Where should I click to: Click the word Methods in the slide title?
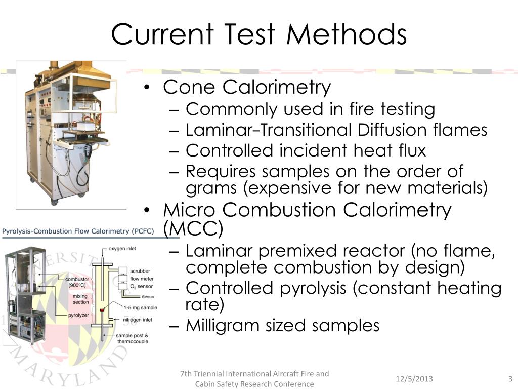pos(346,34)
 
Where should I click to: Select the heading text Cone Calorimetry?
pos(247,87)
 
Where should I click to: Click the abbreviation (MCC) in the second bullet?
pos(193,229)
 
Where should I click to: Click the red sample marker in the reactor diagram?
pos(102,309)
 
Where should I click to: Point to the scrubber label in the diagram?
pos(140,271)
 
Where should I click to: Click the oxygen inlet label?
pos(122,249)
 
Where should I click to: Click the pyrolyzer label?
pos(78,315)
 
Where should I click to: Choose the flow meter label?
pos(142,278)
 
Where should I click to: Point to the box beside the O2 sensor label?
pos(122,286)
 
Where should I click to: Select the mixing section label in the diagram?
pos(80,299)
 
